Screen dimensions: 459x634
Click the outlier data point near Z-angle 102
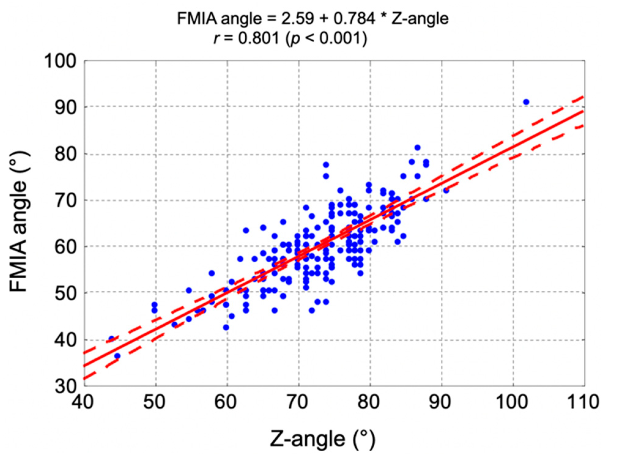526,102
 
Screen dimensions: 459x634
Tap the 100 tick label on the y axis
60,61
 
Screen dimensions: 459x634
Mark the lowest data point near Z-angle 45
117,356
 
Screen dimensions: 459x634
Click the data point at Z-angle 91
446,191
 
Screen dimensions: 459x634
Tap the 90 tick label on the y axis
65,107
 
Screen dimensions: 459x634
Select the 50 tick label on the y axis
65,293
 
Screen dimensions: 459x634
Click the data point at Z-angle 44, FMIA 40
112,339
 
